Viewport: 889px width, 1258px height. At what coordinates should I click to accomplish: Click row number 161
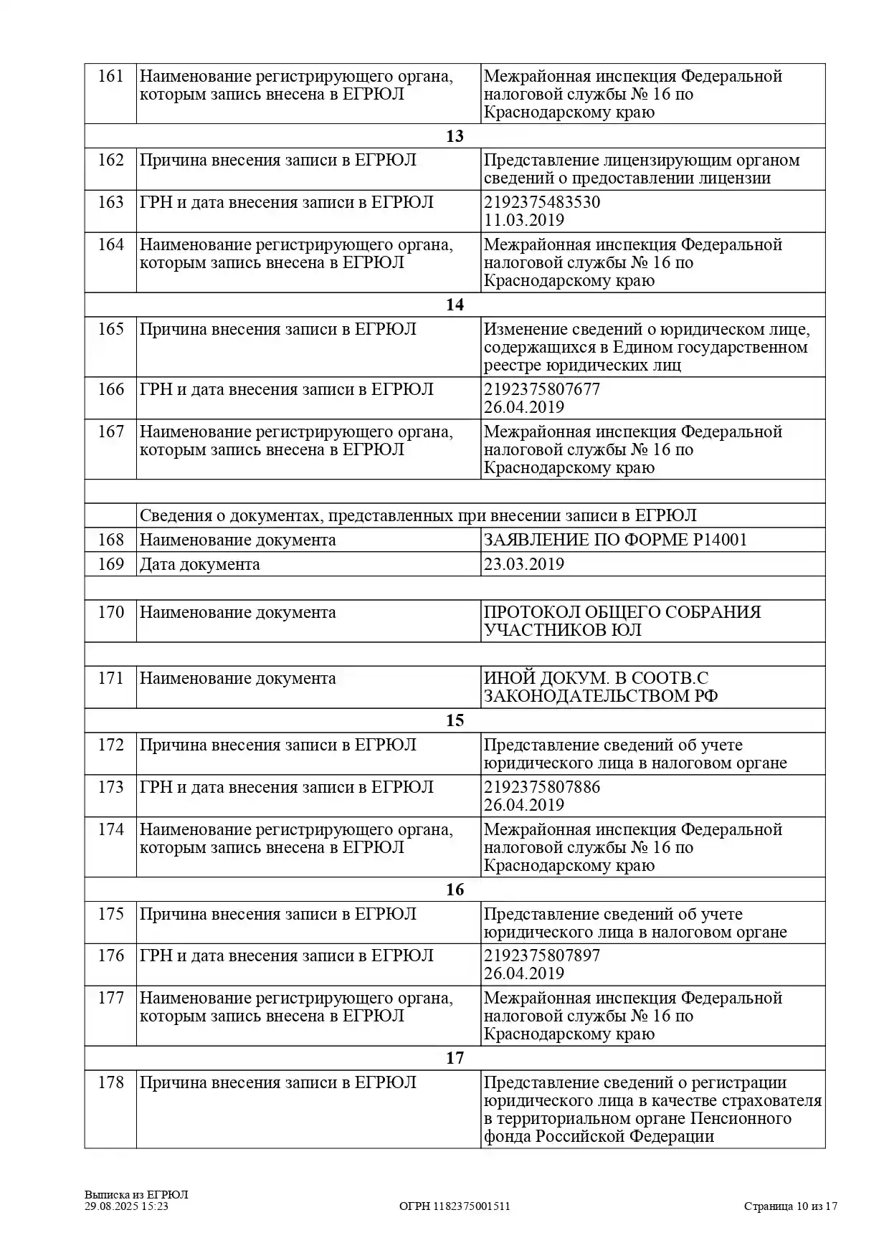(x=110, y=77)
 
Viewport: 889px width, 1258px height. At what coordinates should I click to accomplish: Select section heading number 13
(x=455, y=136)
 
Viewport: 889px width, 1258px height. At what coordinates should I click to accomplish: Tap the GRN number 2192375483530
(x=542, y=202)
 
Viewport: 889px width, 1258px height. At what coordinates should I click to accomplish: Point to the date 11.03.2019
(x=524, y=220)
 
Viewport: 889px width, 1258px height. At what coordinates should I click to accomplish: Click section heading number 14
(x=455, y=305)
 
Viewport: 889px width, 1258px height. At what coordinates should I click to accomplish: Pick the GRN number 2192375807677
(x=542, y=389)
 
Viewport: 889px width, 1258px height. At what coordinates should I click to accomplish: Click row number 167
(x=110, y=432)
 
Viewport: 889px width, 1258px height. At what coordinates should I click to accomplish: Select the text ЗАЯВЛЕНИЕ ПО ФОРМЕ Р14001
(x=615, y=540)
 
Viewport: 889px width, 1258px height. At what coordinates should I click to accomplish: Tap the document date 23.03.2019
(x=524, y=564)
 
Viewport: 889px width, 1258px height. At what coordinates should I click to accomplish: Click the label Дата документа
(x=199, y=564)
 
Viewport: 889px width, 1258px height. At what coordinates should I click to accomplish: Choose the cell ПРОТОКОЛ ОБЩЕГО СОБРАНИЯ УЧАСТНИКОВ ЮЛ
(x=622, y=621)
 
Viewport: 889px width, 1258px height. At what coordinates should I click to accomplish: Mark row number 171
(x=110, y=678)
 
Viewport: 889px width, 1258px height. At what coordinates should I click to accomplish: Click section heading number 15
(x=455, y=720)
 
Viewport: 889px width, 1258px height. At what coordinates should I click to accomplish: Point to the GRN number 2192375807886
(x=542, y=787)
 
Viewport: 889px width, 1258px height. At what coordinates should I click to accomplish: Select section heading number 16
(x=455, y=890)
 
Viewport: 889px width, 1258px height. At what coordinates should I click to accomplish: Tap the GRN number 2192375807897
(x=542, y=956)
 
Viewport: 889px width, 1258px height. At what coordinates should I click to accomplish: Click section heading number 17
(x=455, y=1058)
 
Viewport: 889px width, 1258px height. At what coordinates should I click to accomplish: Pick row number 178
(x=110, y=1082)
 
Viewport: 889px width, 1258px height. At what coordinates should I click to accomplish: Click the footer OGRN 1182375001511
(x=455, y=1206)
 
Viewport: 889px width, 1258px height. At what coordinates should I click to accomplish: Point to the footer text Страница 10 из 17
(x=790, y=1206)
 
